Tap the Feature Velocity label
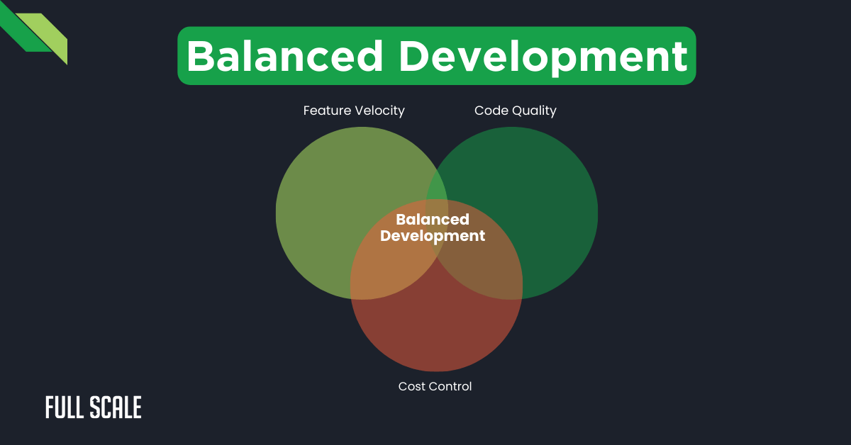[354, 111]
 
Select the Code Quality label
[516, 111]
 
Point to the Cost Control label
[435, 386]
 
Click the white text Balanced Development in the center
[433, 227]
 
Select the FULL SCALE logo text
[93, 407]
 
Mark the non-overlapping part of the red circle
[436, 333]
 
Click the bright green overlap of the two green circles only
[436, 190]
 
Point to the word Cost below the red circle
[411, 386]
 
